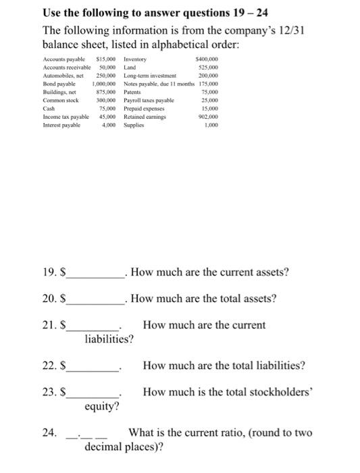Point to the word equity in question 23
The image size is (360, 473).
102,406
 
